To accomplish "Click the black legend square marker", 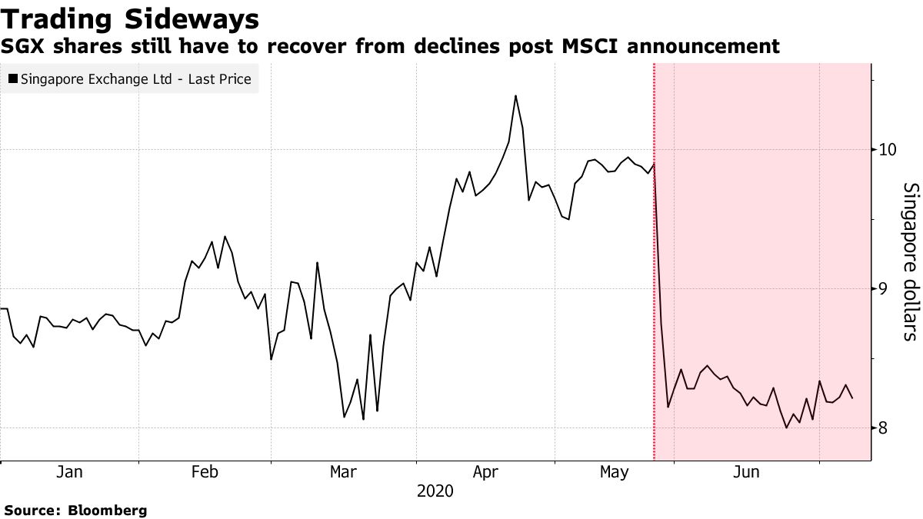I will (13, 78).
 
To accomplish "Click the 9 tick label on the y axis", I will (884, 288).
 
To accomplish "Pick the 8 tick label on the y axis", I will (884, 428).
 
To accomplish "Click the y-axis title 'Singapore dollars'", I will (910, 261).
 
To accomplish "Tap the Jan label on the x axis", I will (70, 472).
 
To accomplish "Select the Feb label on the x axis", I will (205, 472).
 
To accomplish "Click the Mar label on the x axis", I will (342, 472).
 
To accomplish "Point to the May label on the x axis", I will (614, 472).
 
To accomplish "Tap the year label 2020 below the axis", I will (435, 491).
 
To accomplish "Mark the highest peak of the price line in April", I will (515, 96).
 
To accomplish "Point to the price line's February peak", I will (225, 237).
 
